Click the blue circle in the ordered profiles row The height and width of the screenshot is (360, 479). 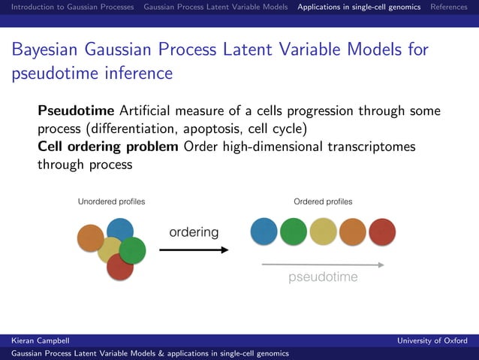point(264,232)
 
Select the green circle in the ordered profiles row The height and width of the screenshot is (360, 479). point(294,232)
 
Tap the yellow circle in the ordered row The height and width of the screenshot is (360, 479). point(324,232)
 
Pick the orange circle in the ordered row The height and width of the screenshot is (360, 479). point(353,232)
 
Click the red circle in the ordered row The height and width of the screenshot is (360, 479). point(382,232)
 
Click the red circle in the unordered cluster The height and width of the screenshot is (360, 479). point(120,267)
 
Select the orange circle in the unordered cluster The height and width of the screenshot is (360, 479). point(90,238)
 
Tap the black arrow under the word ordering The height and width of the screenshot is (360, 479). point(194,250)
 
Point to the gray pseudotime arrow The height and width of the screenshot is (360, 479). point(323,265)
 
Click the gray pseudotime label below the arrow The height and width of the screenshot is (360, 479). point(324,277)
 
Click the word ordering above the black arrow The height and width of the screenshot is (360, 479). point(194,232)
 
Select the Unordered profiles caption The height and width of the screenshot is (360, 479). point(112,201)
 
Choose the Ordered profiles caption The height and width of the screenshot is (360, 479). point(323,201)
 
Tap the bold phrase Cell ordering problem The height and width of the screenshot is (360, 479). point(108,146)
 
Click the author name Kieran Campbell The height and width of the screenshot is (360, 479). point(37,340)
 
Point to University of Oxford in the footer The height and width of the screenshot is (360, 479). point(432,340)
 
